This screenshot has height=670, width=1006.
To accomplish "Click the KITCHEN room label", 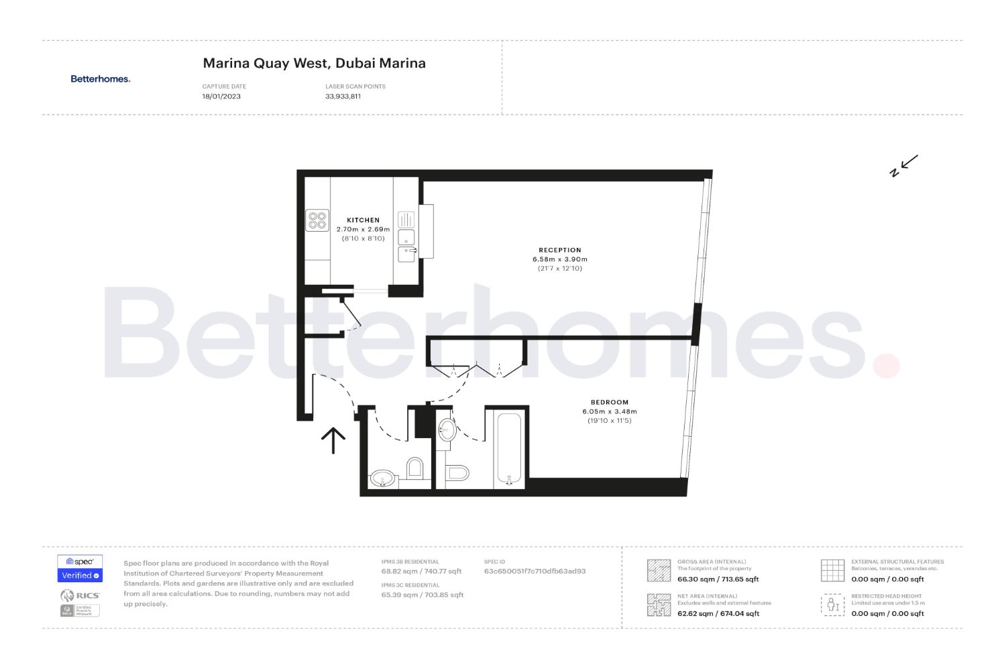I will point(363,220).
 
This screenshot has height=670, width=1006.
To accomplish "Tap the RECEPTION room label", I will point(560,250).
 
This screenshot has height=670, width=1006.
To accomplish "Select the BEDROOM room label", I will point(610,403).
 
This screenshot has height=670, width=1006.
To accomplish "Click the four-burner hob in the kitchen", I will point(317,220).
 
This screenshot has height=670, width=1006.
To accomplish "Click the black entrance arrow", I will point(333,440).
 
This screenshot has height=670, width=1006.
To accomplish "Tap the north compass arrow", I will point(905,165).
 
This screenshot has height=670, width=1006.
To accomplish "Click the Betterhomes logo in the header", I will point(101,79).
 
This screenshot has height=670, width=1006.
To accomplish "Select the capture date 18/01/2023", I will point(221,96).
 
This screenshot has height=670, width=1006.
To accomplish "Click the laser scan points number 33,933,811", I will point(343,96).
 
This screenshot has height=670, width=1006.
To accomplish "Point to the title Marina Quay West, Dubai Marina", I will point(314,64).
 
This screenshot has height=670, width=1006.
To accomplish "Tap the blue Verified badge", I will point(80,576).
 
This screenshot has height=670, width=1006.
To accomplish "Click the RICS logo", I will point(80,595).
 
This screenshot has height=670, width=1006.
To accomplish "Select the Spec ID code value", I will point(535,572).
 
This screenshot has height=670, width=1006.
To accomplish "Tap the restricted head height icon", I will point(832,605).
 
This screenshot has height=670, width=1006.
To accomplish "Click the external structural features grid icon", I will point(832,570).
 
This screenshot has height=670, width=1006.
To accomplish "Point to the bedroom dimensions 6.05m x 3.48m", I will point(610,412).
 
